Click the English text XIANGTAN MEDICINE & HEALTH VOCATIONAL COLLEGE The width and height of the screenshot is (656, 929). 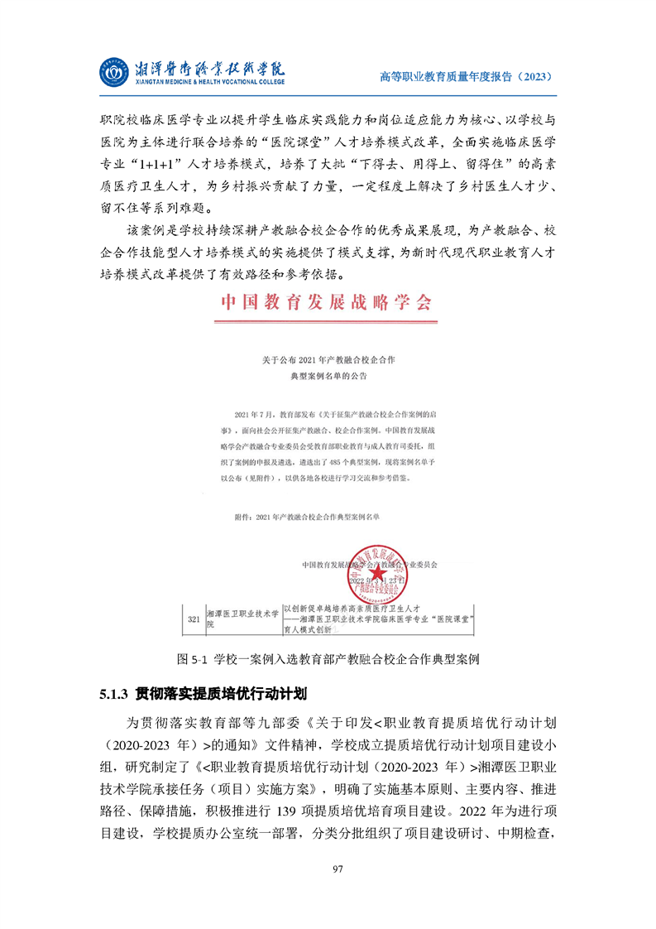tap(208, 83)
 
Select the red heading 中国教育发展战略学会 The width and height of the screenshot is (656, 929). tap(325, 302)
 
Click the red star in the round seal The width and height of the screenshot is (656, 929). tap(376, 572)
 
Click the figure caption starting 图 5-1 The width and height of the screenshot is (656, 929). tap(328, 659)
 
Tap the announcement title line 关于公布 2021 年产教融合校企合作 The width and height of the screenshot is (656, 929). tap(328, 360)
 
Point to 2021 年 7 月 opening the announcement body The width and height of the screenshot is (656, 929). tap(252, 412)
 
